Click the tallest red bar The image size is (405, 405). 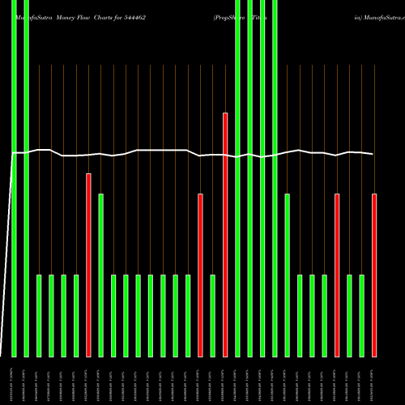tap(225, 235)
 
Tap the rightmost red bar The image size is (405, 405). tap(374, 275)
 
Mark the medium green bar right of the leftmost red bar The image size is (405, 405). tap(101, 275)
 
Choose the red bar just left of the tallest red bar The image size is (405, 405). tap(200, 275)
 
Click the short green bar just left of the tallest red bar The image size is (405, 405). tap(213, 316)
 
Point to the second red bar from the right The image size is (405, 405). tap(337, 275)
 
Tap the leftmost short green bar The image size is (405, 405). tap(39, 316)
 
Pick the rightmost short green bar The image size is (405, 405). tap(362, 316)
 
